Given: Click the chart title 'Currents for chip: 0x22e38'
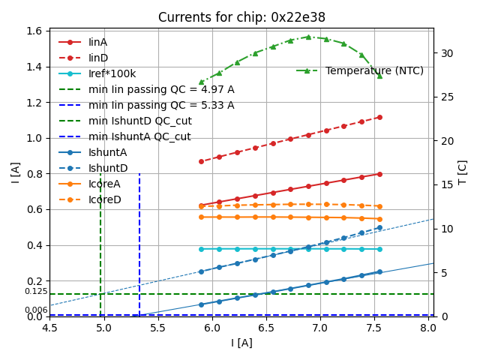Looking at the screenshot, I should (x=241, y=17).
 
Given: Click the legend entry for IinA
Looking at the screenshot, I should (x=97, y=42).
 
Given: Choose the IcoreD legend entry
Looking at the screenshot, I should (x=104, y=199).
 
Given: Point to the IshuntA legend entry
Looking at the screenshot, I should (x=107, y=152).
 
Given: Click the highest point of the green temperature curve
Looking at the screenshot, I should (x=308, y=37).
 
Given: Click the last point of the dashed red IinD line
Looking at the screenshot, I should (x=379, y=117).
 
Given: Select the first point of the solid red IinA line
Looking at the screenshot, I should (x=201, y=205).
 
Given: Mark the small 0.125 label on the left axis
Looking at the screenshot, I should (x=35, y=291).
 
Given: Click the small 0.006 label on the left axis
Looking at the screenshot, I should (x=35, y=310).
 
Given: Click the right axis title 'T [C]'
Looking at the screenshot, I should (x=462, y=172).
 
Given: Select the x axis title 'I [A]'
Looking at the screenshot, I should (x=241, y=343).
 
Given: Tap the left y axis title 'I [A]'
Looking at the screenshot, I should (x=14, y=172).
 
